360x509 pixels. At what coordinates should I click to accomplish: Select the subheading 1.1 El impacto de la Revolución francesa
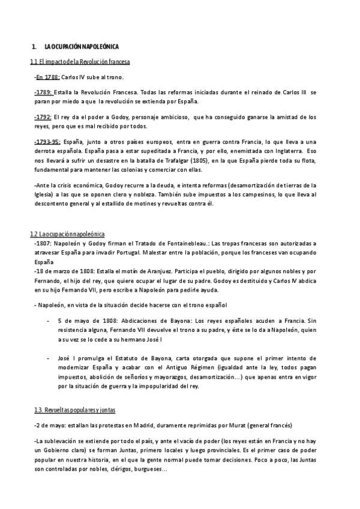81,62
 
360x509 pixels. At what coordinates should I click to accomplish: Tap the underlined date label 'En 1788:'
47,78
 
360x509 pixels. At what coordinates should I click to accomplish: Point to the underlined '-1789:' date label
43,92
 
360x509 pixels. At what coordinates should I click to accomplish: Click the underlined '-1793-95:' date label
47,141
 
